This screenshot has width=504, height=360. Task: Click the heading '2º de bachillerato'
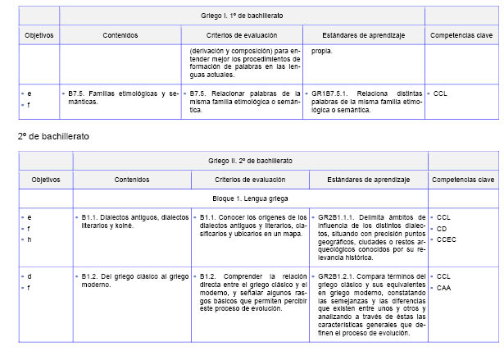coord(53,134)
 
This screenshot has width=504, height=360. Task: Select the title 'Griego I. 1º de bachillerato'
coord(242,16)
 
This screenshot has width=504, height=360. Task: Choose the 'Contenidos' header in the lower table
coord(132,179)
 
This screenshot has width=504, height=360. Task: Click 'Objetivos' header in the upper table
coord(39,35)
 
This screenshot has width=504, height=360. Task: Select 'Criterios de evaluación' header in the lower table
coord(251,179)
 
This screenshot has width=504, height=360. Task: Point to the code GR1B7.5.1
coord(328,93)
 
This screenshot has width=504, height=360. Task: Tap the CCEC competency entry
coord(447,240)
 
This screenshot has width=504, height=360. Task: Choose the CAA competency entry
coord(444,288)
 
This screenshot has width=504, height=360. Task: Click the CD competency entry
coord(442,229)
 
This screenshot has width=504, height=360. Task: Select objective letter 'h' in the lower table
coord(30,240)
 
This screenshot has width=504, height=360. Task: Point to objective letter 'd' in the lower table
coord(30,276)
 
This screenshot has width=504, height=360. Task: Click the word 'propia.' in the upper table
coord(322,50)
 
